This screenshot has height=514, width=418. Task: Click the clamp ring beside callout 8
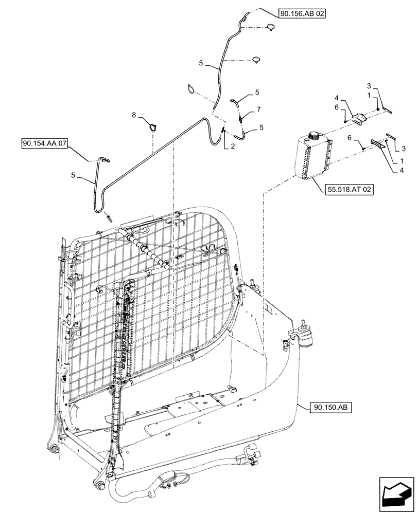click(153, 126)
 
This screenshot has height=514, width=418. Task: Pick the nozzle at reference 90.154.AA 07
click(102, 161)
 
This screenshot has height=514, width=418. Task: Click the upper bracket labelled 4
click(356, 119)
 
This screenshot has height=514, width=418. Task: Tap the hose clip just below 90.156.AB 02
click(269, 29)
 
